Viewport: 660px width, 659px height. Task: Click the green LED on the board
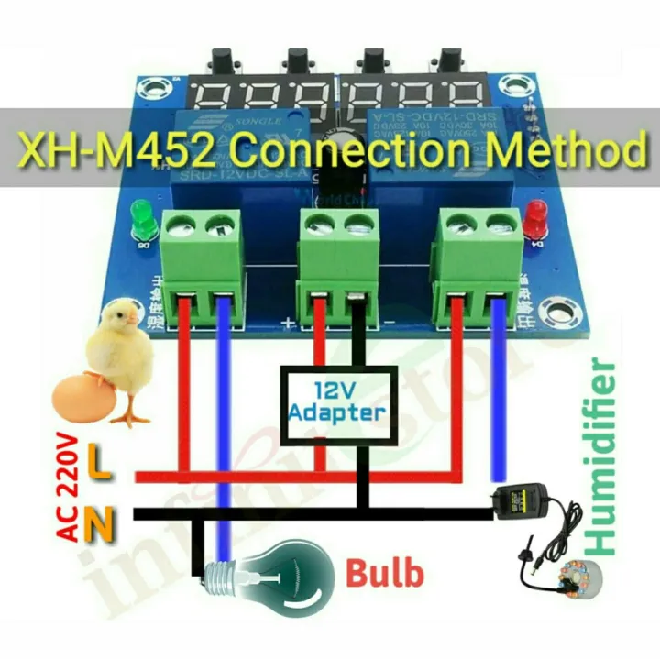[142, 217]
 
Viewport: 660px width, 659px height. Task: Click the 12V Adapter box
[336, 401]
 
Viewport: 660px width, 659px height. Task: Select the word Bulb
[385, 575]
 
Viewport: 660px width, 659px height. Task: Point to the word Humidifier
[600, 458]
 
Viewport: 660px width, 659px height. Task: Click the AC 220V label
[68, 488]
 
